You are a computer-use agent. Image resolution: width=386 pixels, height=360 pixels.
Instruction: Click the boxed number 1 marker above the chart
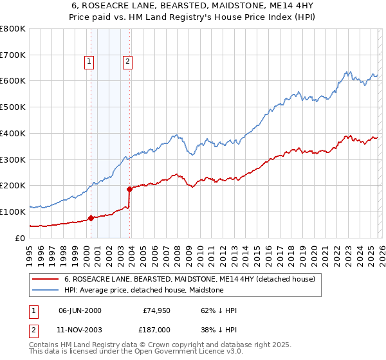(x=88, y=62)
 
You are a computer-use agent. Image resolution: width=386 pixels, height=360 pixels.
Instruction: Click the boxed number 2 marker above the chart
(x=127, y=62)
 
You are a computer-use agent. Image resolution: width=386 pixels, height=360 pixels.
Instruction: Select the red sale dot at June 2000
(x=91, y=218)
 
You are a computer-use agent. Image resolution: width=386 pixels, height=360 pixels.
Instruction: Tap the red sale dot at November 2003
(x=130, y=189)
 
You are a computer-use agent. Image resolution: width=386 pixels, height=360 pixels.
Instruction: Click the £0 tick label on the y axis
(x=21, y=238)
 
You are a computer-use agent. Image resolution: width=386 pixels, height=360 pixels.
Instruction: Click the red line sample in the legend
(x=46, y=280)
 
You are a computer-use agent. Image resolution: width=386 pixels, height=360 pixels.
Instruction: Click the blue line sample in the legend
(x=46, y=291)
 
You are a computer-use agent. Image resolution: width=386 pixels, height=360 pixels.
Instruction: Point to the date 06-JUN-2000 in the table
(x=80, y=310)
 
